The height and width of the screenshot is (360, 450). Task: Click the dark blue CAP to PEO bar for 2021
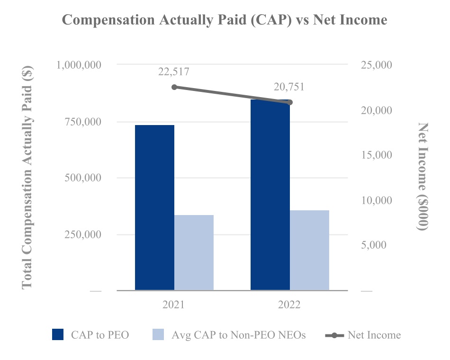155,207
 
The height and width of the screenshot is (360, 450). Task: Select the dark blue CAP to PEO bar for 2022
270,195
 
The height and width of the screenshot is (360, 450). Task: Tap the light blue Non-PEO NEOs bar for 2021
194,252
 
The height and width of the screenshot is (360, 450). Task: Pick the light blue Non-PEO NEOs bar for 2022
310,250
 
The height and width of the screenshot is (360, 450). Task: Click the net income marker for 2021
174,87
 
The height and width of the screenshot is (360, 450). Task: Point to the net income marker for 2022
290,102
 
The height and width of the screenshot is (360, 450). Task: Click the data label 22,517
174,72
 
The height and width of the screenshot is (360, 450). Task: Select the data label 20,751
289,87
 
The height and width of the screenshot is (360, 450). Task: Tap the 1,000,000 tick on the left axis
79,65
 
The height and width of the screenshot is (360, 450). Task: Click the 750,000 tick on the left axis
82,122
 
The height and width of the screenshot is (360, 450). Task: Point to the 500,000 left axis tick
82,178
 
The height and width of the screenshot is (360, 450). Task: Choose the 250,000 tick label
82,234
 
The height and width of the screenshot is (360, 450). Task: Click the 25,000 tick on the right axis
376,65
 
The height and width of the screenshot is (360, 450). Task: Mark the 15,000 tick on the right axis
376,155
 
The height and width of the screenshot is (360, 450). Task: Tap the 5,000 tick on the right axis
374,245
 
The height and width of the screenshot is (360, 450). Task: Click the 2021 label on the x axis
173,304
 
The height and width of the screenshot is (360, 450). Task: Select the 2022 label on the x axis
289,304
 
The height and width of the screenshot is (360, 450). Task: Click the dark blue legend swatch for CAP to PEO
58,334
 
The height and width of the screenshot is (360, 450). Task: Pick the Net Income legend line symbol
334,335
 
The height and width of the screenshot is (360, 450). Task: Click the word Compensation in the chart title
108,20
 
